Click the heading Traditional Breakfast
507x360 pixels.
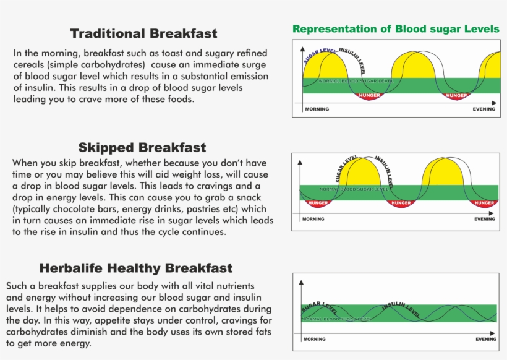(x=143, y=33)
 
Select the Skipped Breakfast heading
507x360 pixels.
(x=142, y=148)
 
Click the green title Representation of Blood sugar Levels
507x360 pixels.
(x=396, y=29)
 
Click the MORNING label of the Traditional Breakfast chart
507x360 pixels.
(x=317, y=109)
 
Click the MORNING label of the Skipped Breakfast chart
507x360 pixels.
(x=313, y=219)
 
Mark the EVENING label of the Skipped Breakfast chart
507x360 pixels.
(x=485, y=219)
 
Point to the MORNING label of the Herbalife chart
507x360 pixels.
(x=315, y=339)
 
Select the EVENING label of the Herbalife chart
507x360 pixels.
(x=486, y=339)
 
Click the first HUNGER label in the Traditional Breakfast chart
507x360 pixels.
(x=370, y=96)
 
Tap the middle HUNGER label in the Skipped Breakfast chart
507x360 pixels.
(x=401, y=203)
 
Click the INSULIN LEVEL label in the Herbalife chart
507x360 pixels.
(x=402, y=309)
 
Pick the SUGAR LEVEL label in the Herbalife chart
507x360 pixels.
(x=320, y=307)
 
